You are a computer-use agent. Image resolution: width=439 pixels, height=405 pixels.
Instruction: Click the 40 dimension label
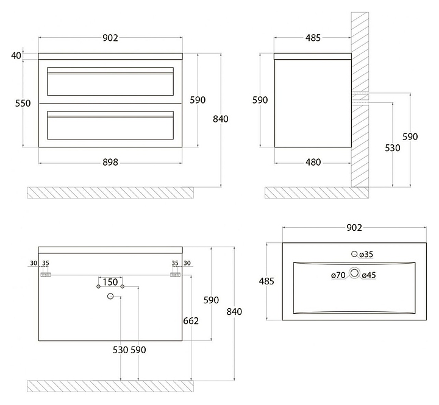[16, 55]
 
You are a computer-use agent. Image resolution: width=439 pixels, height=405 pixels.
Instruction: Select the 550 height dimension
[23, 103]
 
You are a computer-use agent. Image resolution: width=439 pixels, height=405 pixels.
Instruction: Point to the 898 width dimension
[110, 162]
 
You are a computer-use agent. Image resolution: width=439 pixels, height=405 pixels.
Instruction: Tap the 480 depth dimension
[313, 162]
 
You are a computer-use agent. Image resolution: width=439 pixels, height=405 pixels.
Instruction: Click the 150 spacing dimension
[110, 282]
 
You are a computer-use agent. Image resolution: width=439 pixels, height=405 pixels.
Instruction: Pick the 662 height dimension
[191, 321]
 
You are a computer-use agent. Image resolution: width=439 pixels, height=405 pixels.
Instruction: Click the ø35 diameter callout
[366, 254]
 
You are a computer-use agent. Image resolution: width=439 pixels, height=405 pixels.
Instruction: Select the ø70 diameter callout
[338, 275]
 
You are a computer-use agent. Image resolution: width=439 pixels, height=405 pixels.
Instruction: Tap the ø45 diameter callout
[369, 275]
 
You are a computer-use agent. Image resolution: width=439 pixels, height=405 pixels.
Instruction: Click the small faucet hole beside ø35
[354, 254]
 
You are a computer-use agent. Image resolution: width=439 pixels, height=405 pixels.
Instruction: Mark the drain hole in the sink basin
[354, 273]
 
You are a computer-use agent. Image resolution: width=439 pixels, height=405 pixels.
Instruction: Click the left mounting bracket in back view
[46, 275]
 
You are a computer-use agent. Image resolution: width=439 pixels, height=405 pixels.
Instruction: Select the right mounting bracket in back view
[175, 275]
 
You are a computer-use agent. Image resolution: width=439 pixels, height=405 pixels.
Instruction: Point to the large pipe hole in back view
[110, 296]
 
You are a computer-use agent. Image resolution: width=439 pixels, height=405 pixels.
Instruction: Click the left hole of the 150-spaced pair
[98, 287]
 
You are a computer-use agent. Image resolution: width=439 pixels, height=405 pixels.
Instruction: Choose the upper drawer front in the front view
[110, 82]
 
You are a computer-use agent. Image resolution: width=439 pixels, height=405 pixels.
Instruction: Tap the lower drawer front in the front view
[110, 125]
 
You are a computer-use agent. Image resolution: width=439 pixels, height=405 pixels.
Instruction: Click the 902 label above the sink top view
[354, 228]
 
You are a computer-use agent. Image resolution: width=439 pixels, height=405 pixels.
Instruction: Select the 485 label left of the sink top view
[266, 281]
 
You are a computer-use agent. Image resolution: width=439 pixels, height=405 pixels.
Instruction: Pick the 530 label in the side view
[393, 148]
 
